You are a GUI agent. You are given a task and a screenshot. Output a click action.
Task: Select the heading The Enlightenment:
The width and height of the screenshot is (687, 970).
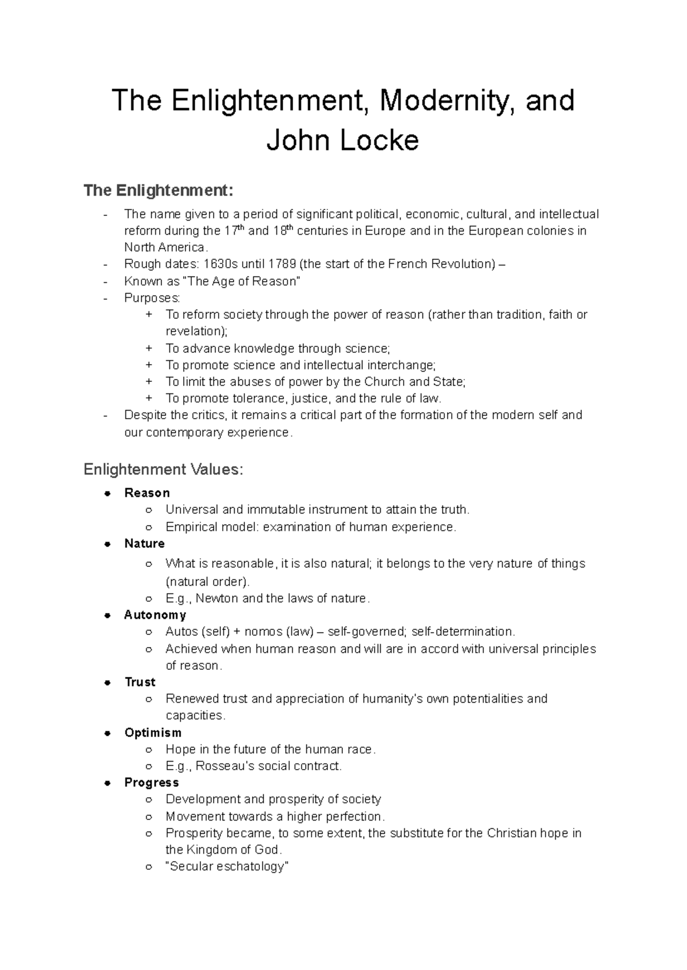pos(159,190)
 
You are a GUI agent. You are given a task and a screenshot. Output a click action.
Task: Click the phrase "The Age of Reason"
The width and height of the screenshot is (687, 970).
pos(241,281)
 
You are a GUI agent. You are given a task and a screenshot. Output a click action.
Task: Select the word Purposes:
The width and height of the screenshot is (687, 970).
pos(152,298)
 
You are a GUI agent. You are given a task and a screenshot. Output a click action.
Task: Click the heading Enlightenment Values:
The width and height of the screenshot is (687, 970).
pos(163,470)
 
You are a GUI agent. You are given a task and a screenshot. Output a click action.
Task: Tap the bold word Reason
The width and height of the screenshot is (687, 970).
pos(147,493)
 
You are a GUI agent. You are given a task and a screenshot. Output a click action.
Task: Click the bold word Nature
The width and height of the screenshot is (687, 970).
pos(144,543)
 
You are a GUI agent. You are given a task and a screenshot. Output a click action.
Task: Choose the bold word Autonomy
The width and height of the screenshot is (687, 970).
pos(155,615)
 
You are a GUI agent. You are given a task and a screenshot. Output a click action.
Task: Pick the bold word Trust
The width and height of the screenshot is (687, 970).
pos(140,682)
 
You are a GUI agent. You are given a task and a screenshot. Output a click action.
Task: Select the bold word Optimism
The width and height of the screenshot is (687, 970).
pos(153,733)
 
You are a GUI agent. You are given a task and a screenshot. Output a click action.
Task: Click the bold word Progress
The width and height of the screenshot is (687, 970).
pos(152,783)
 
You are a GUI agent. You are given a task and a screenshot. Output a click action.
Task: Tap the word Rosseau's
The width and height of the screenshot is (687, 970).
pos(223,766)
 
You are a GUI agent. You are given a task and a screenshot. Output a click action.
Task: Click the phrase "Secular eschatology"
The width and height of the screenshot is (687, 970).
pos(227,866)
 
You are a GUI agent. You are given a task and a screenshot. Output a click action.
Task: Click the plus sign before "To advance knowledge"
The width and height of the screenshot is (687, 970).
pos(149,348)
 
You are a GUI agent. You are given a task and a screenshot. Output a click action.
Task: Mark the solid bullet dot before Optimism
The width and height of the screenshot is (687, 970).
pos(107,733)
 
